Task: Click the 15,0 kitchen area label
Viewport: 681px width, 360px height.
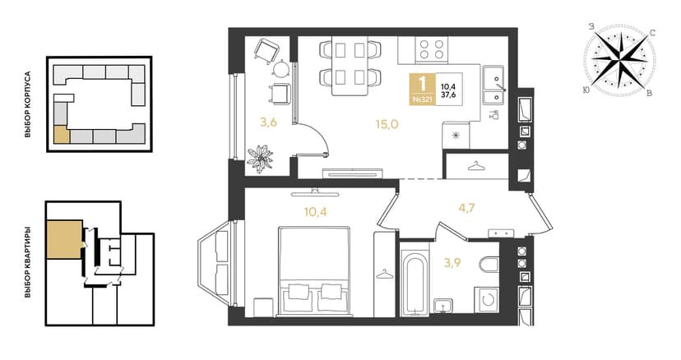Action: click(387, 125)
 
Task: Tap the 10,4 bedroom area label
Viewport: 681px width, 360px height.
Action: click(315, 212)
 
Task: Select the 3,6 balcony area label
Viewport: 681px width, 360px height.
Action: click(268, 122)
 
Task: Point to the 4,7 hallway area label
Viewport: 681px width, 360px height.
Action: click(466, 208)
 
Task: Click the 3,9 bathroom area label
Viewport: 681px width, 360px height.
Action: click(452, 263)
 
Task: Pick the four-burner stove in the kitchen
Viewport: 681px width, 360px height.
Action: click(431, 49)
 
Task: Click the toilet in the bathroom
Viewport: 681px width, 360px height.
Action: click(489, 264)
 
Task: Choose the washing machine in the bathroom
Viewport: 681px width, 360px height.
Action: click(486, 300)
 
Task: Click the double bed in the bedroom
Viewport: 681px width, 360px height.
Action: click(314, 270)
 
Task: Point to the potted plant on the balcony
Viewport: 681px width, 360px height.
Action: click(260, 159)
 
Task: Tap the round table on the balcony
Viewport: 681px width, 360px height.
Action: click(280, 68)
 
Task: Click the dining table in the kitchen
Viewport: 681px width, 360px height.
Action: click(350, 65)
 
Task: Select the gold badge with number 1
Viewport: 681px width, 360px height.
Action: click(422, 89)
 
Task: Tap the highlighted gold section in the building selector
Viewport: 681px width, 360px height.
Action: click(61, 134)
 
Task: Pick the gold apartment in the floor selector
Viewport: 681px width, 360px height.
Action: click(64, 240)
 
